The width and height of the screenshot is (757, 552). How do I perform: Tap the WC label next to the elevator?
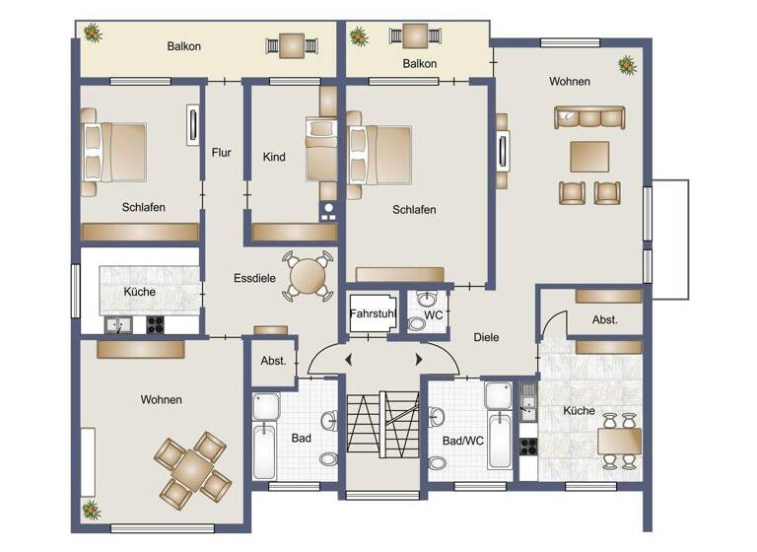click(x=433, y=315)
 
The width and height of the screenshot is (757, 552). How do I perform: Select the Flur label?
click(x=221, y=153)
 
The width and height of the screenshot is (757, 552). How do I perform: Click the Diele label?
click(x=486, y=337)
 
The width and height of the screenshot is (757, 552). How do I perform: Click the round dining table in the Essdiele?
click(x=309, y=275)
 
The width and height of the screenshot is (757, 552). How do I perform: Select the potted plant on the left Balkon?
click(x=93, y=34)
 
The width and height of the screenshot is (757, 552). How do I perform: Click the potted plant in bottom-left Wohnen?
click(x=92, y=510)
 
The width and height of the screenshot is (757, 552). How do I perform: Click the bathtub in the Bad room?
click(x=264, y=449)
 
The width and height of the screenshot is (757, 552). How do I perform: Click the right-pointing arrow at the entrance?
click(x=419, y=359)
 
